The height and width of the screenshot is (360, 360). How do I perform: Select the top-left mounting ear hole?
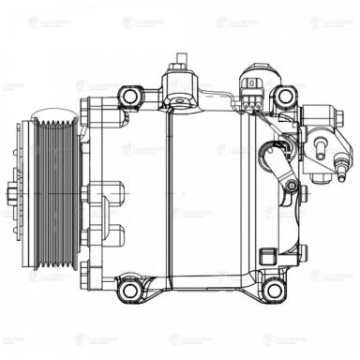click(x=130, y=97)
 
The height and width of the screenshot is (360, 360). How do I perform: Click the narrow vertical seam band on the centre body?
click(x=166, y=197)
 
